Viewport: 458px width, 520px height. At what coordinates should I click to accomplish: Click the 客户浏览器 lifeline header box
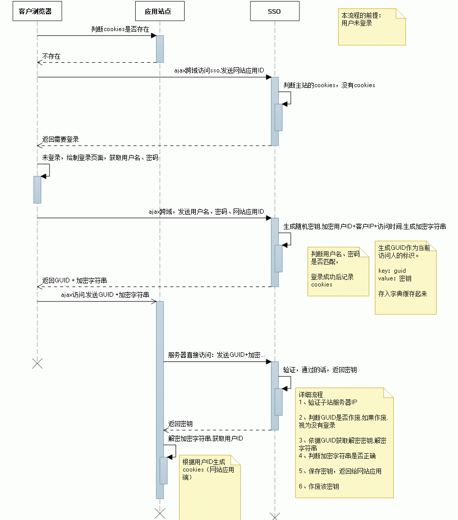37,11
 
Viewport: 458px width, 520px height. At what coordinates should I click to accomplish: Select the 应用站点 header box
160,11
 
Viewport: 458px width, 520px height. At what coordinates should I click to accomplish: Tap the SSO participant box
275,11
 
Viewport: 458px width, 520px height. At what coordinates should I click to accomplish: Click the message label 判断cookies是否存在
120,29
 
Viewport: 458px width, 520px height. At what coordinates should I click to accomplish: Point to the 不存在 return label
51,57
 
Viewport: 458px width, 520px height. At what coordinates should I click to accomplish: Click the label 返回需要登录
60,139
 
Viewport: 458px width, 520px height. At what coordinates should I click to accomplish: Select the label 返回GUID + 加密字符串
74,280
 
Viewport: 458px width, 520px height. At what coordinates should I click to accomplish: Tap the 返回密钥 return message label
180,424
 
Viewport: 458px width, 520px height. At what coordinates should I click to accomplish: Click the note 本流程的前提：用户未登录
372,27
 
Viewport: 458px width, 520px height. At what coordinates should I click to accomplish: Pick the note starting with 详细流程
344,443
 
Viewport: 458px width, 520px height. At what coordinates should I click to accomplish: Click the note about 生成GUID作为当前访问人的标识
405,277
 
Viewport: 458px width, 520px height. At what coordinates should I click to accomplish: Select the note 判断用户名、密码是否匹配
338,272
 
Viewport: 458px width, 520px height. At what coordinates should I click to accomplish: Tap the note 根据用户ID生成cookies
210,487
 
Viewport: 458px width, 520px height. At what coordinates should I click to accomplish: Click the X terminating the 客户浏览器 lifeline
37,363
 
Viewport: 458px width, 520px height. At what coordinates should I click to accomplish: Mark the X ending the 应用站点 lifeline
160,513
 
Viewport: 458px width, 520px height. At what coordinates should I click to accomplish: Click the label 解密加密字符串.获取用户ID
206,438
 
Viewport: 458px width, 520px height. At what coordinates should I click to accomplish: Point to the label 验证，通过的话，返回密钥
320,370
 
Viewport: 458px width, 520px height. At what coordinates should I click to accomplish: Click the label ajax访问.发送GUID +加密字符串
105,295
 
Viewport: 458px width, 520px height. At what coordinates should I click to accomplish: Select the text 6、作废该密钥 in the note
319,486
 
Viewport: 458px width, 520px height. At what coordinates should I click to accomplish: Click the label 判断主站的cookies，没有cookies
329,85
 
